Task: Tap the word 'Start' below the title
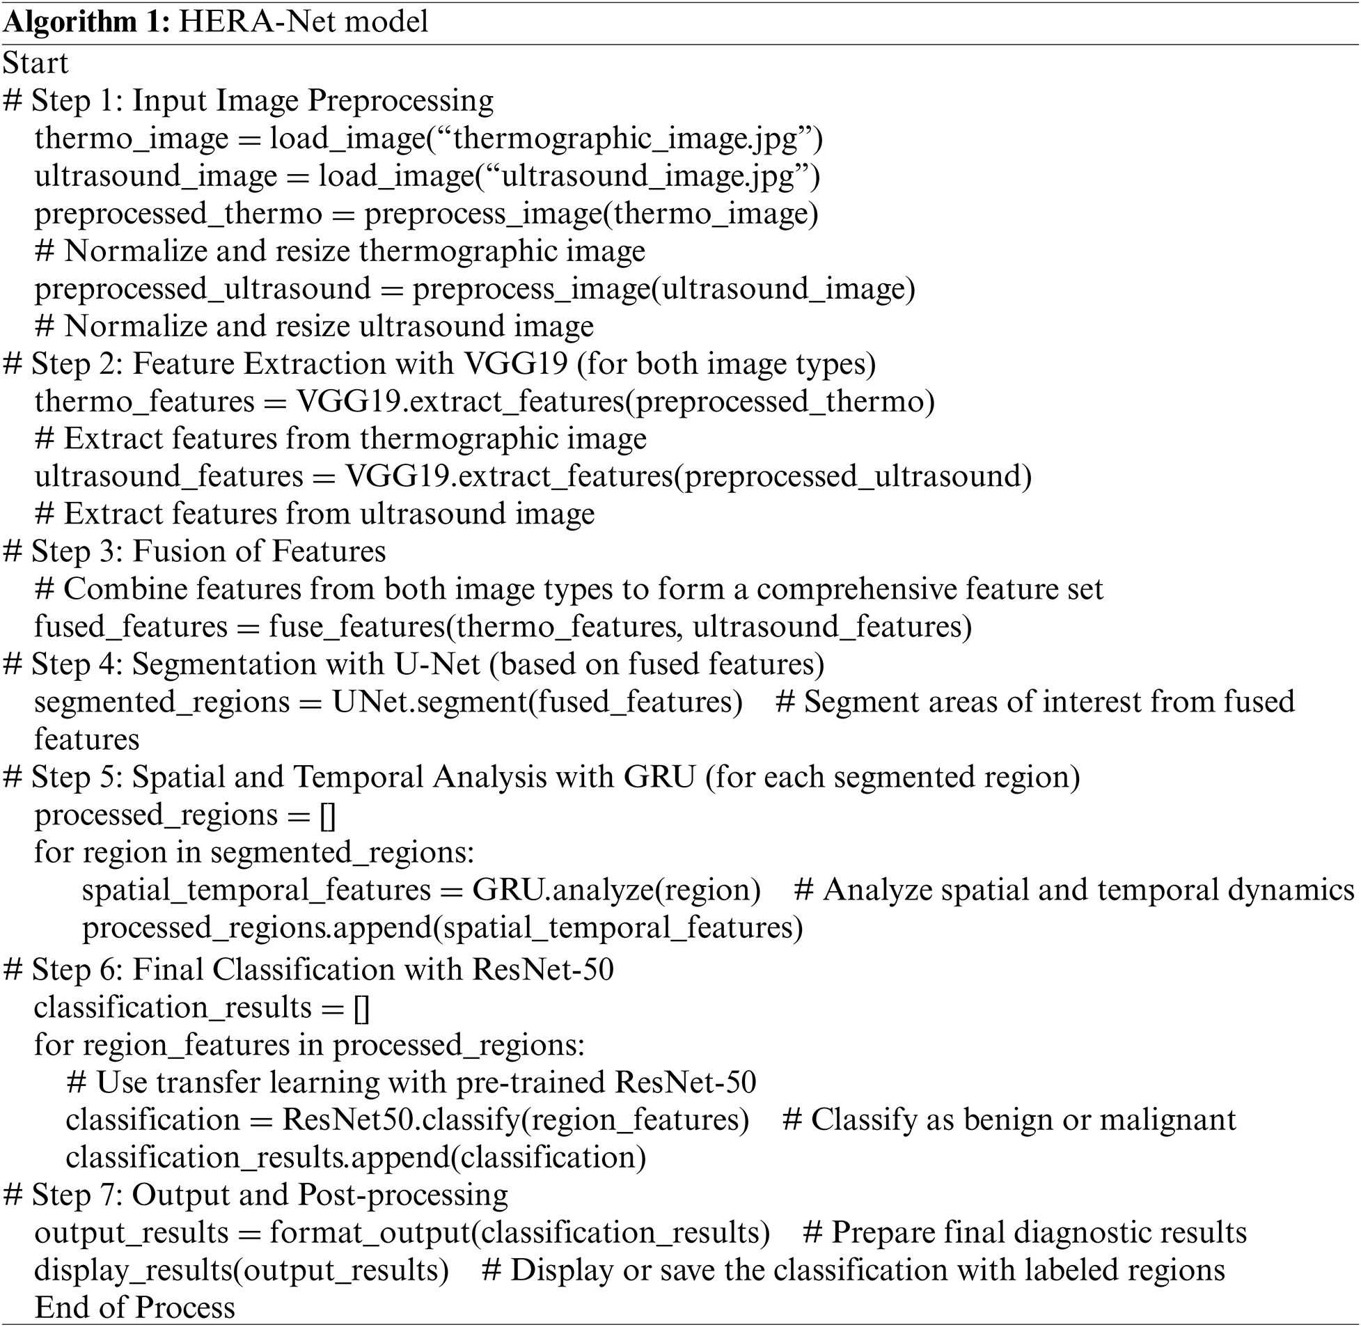pos(36,63)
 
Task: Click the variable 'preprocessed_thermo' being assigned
pos(178,213)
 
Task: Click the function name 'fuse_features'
pos(357,626)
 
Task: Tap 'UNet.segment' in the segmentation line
pos(430,701)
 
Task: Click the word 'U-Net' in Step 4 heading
pos(438,663)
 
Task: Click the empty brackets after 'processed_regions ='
pos(327,815)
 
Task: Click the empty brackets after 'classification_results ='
pos(362,1007)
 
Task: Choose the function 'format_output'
pos(370,1233)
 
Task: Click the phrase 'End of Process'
pos(135,1308)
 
